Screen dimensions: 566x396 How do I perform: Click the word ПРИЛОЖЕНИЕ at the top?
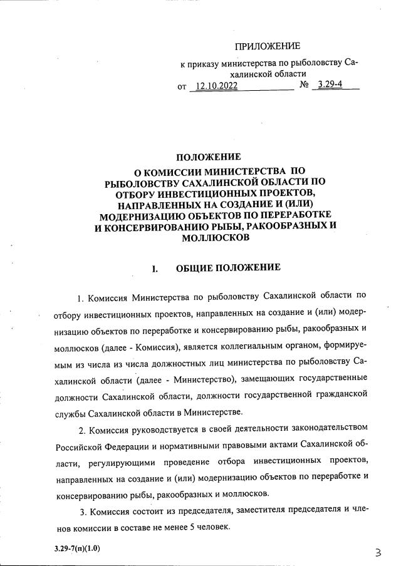(268, 46)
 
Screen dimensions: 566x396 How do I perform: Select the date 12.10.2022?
(216, 87)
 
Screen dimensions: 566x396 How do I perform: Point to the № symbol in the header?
(305, 86)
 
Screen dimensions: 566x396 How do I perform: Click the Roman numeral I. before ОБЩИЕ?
(155, 269)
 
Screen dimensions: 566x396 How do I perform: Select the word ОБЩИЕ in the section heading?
(195, 268)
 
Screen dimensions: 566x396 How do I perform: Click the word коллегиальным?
(260, 344)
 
